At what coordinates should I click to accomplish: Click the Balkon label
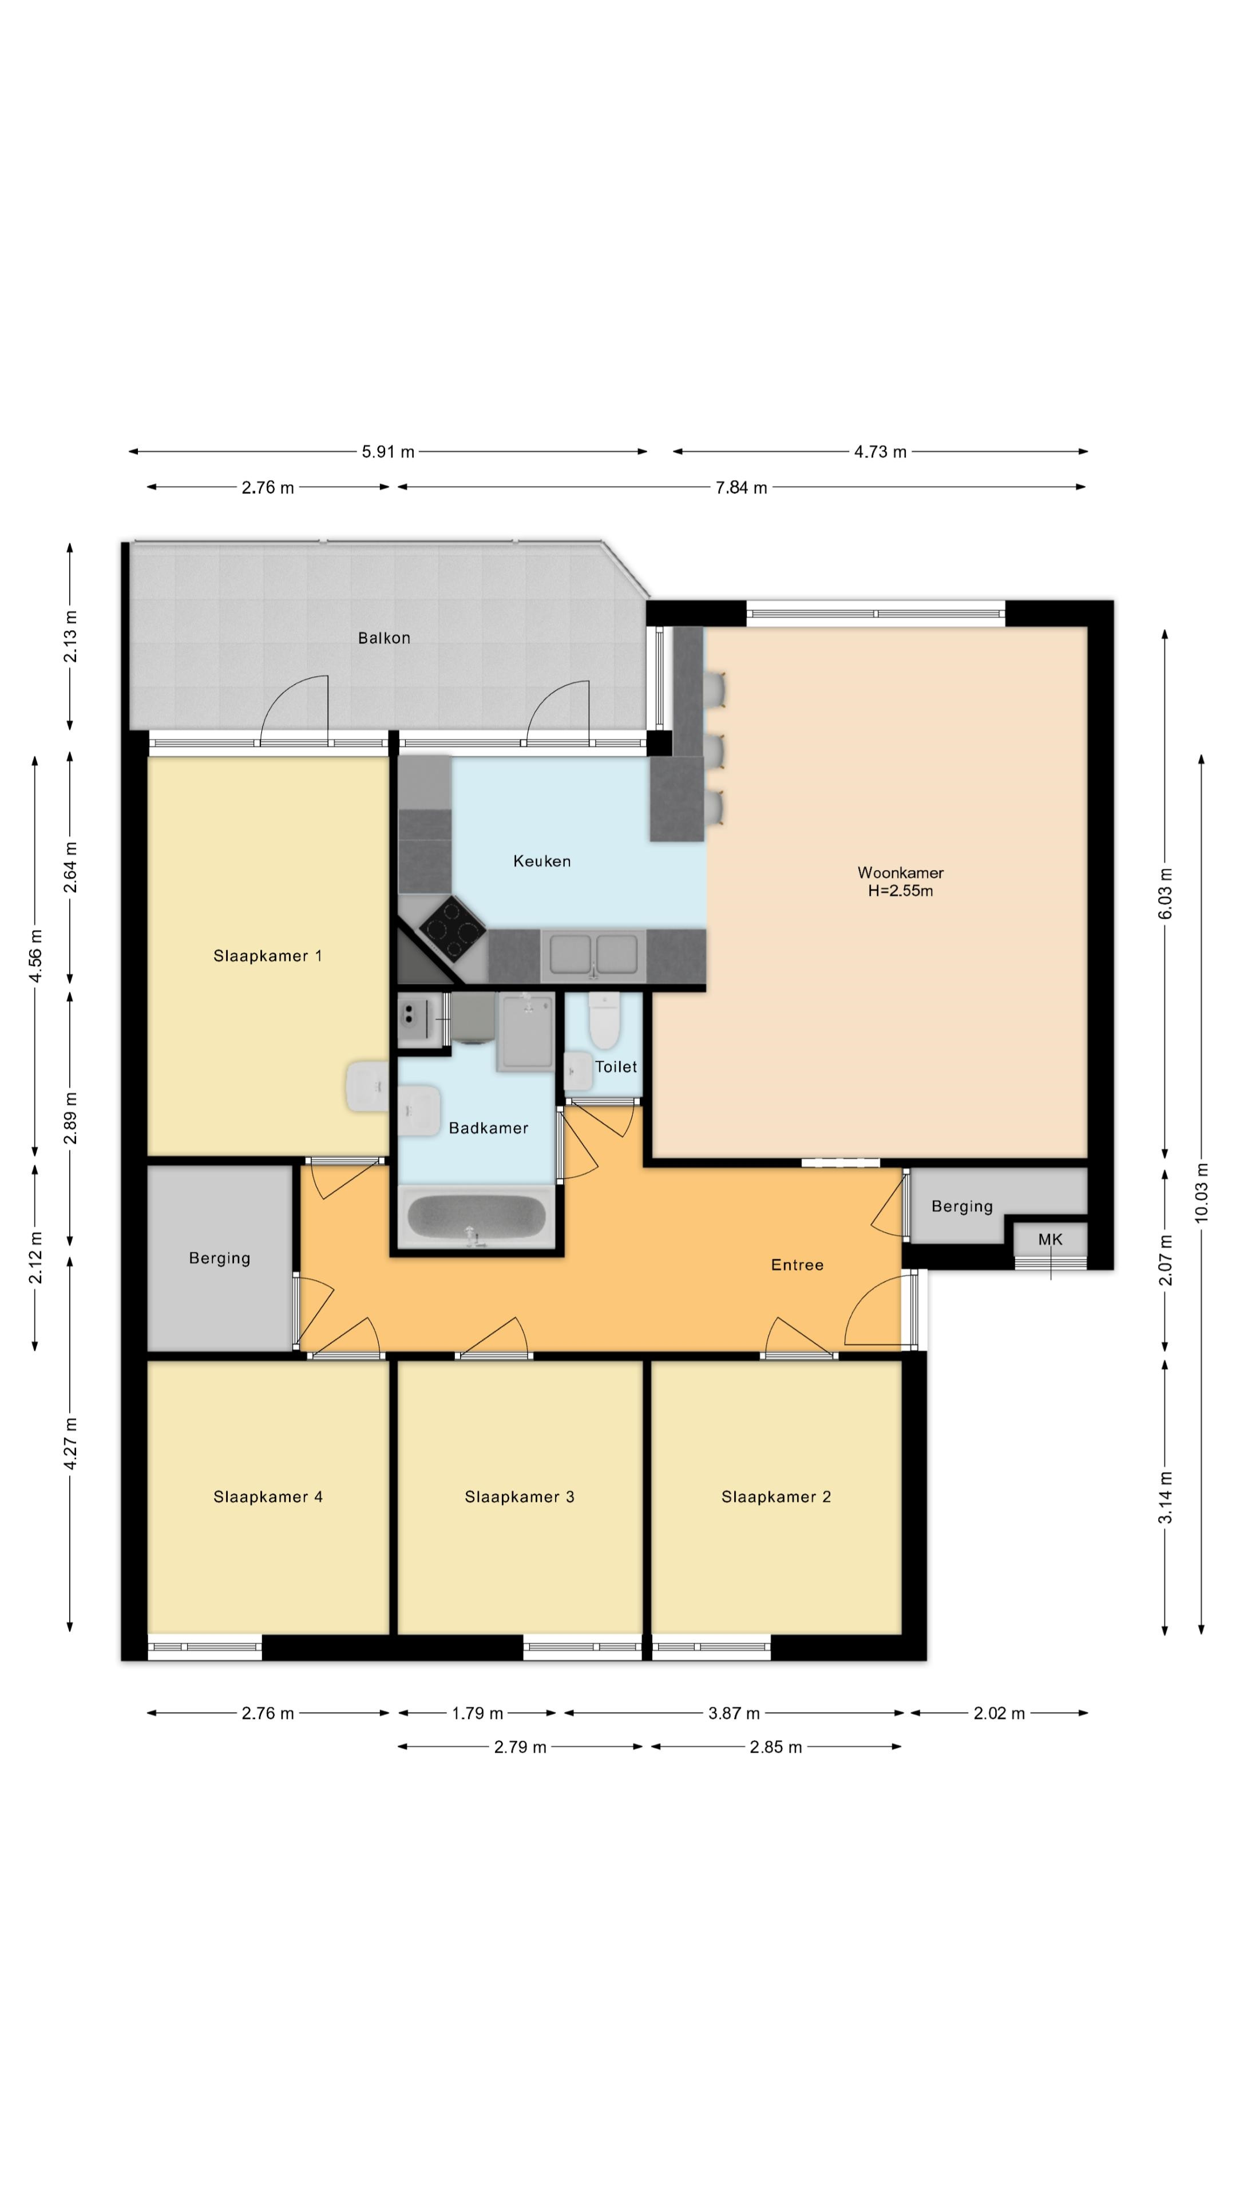(x=384, y=638)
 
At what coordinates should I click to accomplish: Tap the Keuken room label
(x=542, y=861)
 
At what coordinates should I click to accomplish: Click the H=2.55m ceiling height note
(x=900, y=891)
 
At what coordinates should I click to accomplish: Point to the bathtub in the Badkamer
(x=477, y=1216)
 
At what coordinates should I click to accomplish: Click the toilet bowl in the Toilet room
(x=604, y=1021)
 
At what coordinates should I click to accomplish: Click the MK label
(x=1050, y=1240)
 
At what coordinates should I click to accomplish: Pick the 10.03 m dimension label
(x=1202, y=1193)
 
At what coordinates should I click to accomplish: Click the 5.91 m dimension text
(x=388, y=452)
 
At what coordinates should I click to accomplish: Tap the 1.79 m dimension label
(x=478, y=1713)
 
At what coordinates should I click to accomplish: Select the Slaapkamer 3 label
(x=520, y=1497)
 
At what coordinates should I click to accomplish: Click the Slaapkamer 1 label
(x=268, y=956)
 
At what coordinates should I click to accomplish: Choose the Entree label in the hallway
(x=798, y=1264)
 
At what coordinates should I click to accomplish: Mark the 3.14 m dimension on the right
(x=1165, y=1497)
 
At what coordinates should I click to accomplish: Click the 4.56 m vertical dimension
(x=35, y=956)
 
